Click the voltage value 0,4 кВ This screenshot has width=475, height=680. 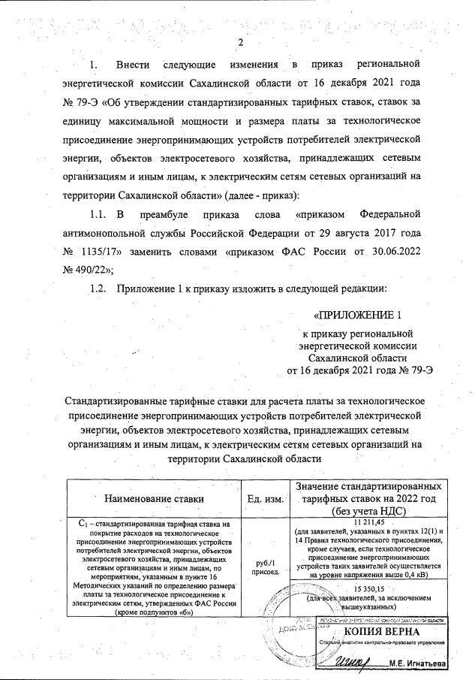pyautogui.click(x=432, y=576)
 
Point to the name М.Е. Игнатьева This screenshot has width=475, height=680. pyautogui.click(x=418, y=664)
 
